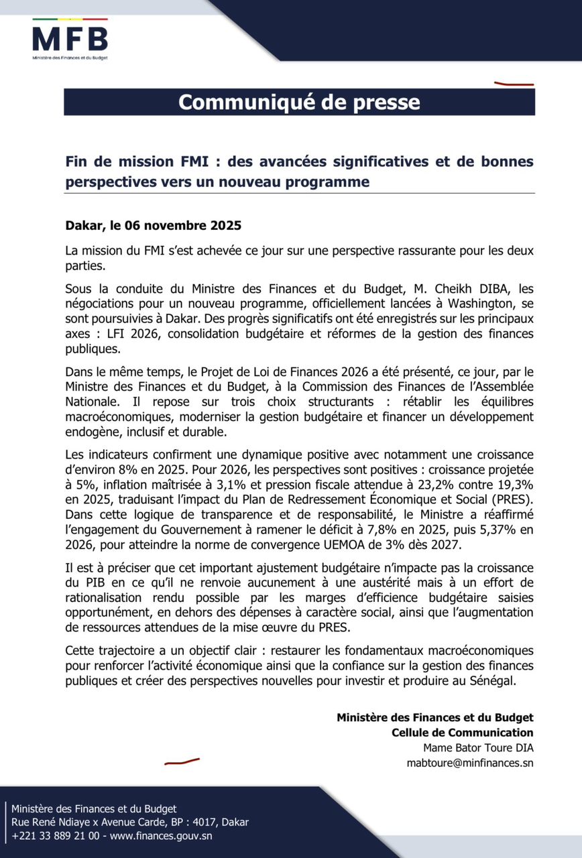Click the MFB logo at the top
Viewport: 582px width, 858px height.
70,40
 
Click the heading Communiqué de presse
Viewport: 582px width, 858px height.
299,102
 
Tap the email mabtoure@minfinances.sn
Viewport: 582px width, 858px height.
470,762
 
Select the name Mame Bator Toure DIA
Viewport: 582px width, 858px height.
478,747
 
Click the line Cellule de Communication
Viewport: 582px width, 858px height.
462,732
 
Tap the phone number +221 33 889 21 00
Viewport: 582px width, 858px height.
56,836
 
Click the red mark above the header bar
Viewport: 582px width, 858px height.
514,84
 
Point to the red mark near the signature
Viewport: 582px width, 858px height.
182,761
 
